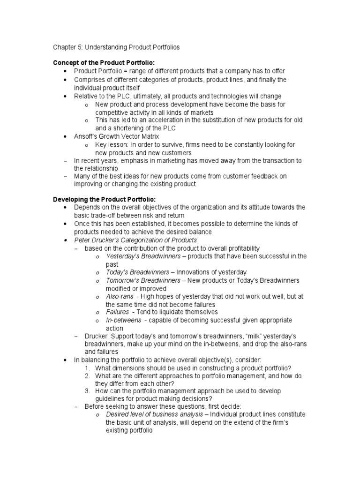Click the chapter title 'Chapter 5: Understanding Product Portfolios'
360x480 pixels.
[116, 47]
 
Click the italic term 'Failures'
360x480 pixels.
[117, 312]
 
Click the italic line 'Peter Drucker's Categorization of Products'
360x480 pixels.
[135, 240]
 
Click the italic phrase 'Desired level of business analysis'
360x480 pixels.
[157, 415]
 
